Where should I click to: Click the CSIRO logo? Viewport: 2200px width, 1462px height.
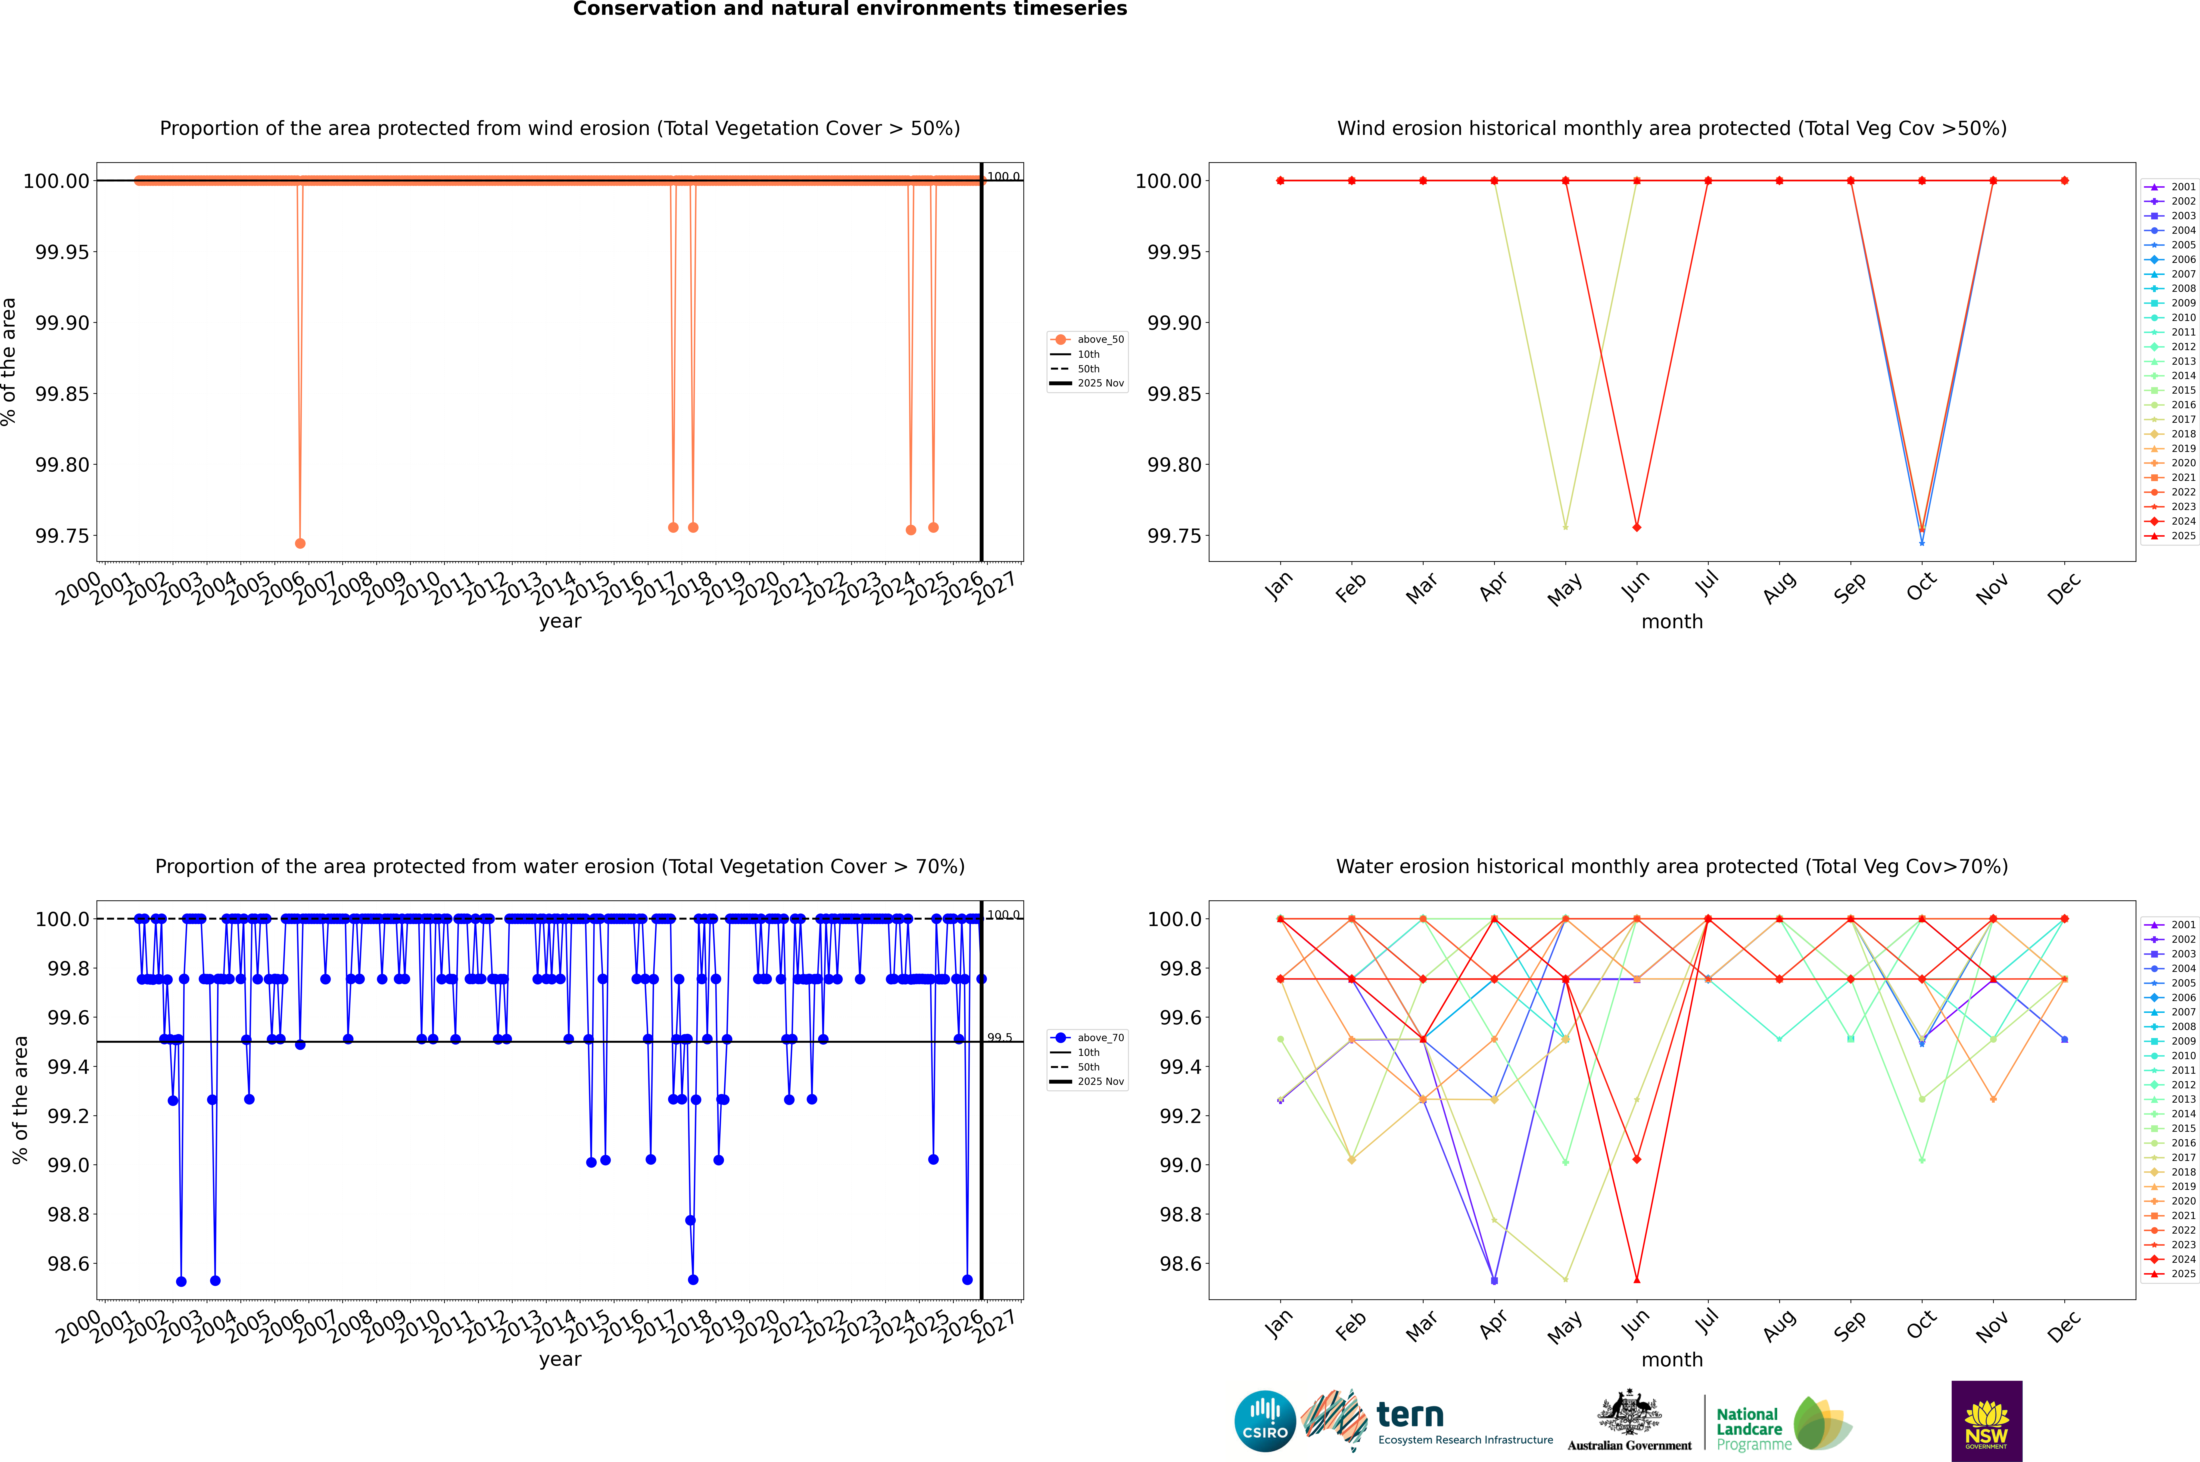click(1265, 1421)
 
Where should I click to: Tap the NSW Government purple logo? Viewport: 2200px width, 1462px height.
click(1986, 1421)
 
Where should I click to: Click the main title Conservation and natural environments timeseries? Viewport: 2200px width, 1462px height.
click(850, 9)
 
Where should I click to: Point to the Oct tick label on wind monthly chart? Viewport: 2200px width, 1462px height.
click(1921, 587)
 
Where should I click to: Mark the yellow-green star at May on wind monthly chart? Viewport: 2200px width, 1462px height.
click(1565, 527)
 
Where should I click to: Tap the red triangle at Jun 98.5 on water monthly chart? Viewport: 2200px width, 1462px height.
click(1637, 1279)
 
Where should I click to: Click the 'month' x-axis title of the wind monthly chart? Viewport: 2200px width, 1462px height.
click(1672, 622)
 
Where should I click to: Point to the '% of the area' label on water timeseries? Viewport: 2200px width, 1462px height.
click(21, 1100)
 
